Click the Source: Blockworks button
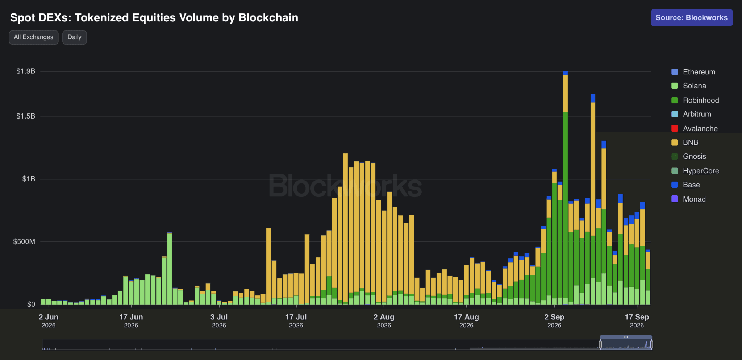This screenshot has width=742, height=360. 692,18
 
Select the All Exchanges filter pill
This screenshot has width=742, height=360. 34,37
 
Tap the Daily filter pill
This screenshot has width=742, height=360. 75,37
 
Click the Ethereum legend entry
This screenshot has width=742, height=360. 693,72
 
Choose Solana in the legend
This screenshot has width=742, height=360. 689,86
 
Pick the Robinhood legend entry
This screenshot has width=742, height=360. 695,100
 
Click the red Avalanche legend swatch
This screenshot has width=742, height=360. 675,128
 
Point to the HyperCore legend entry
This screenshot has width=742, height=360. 695,171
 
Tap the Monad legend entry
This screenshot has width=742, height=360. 688,199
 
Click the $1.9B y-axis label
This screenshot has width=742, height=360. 26,71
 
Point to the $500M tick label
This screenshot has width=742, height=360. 24,241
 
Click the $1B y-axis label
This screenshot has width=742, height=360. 29,179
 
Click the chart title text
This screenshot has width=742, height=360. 154,18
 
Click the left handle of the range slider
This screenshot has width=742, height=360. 600,344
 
